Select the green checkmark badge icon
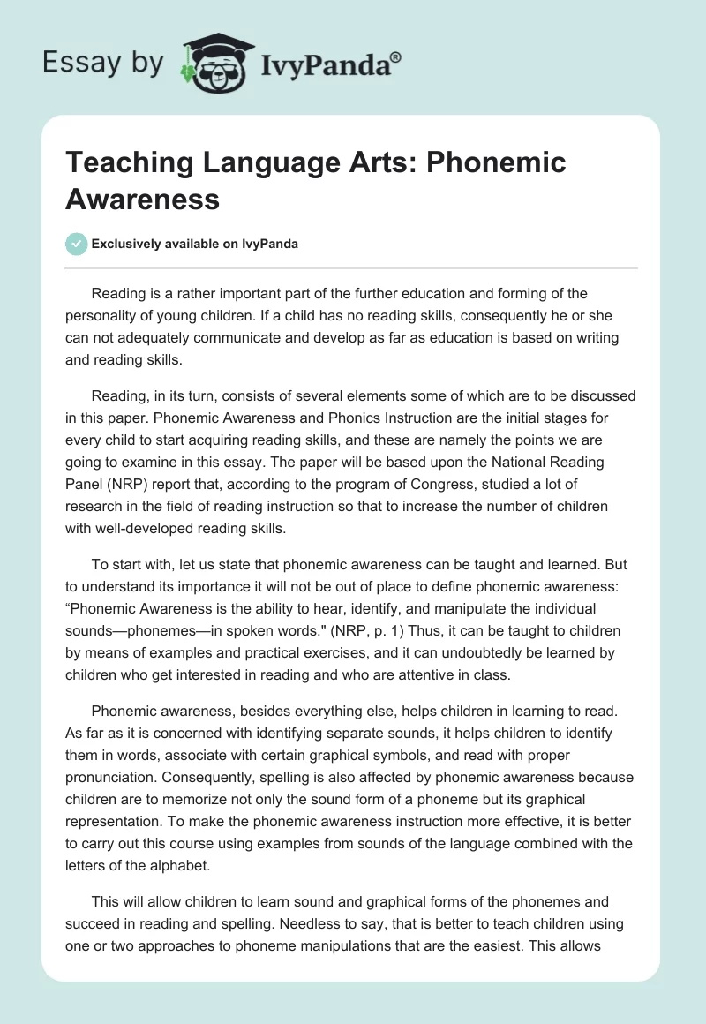76,244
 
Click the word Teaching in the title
124,162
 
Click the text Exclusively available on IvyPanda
194,244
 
